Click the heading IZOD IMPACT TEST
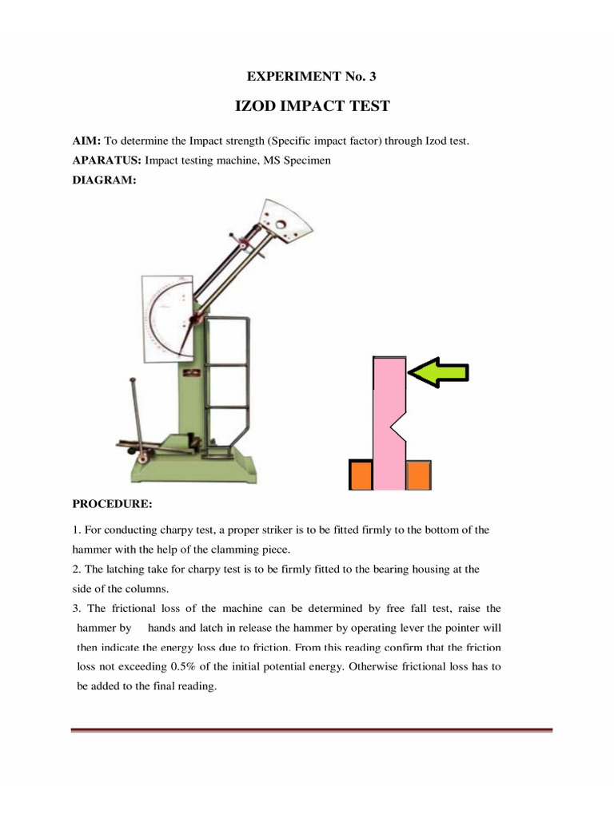point(312,106)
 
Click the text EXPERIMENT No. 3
point(312,77)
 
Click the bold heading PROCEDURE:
point(112,505)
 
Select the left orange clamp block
point(361,475)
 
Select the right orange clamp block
point(419,475)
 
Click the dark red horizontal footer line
point(312,730)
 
